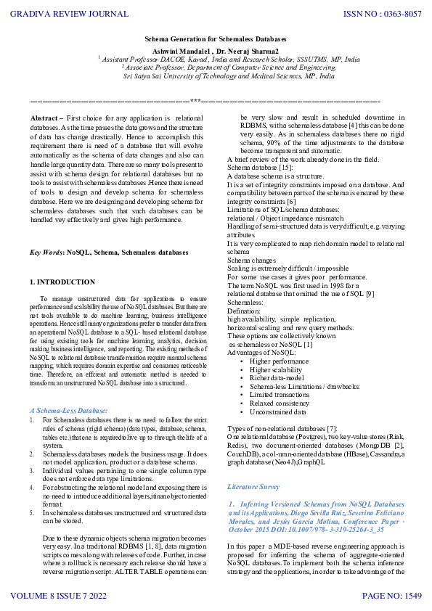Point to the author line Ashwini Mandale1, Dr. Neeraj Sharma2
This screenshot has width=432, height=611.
(x=216, y=52)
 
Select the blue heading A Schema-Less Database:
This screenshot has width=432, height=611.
(x=68, y=411)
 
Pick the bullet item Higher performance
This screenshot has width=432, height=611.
(x=279, y=361)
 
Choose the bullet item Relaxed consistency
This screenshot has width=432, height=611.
(x=280, y=403)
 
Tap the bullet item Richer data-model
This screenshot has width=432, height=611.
(x=277, y=377)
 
